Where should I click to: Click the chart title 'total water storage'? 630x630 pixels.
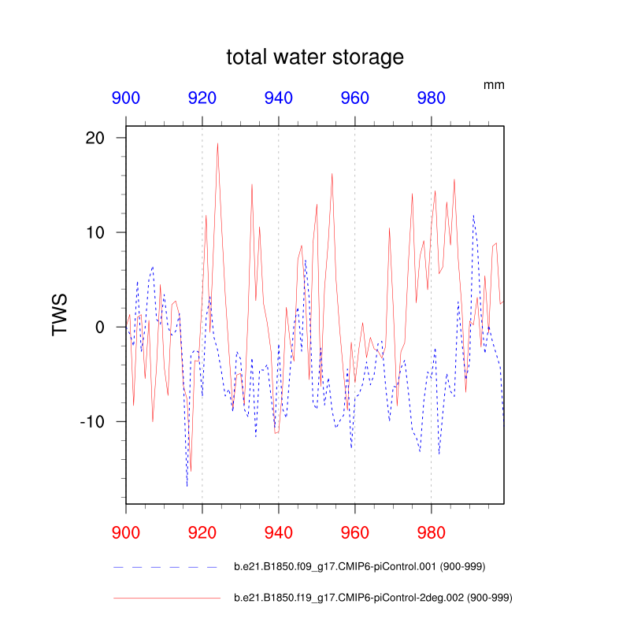pyautogui.click(x=315, y=57)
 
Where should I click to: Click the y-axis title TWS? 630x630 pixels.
pyautogui.click(x=60, y=315)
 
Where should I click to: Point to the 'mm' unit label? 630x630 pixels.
pyautogui.click(x=494, y=84)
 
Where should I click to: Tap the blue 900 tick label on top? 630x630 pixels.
pyautogui.click(x=126, y=98)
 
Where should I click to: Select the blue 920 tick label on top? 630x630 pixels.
pyautogui.click(x=202, y=98)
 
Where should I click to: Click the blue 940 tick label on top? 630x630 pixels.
pyautogui.click(x=279, y=98)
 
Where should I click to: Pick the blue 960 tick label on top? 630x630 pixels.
pyautogui.click(x=355, y=98)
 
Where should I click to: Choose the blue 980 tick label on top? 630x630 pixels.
pyautogui.click(x=431, y=98)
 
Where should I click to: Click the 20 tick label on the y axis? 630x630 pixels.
pyautogui.click(x=94, y=138)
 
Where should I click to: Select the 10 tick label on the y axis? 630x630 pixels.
pyautogui.click(x=94, y=232)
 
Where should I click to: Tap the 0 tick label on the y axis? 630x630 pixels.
pyautogui.click(x=100, y=327)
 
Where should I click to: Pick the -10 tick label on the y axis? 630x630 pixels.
pyautogui.click(x=91, y=421)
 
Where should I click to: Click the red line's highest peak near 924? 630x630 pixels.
pyautogui.click(x=217, y=143)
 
